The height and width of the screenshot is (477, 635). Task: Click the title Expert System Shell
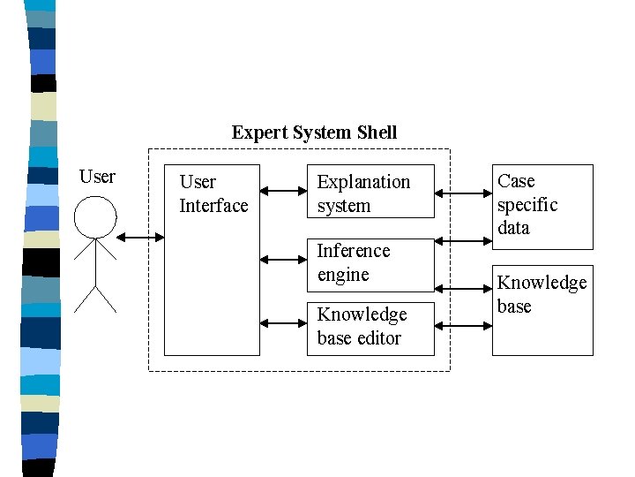(314, 132)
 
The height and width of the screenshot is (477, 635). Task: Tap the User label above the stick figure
(97, 177)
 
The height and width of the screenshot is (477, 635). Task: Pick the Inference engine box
(370, 263)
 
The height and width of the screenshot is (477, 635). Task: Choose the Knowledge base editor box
(370, 328)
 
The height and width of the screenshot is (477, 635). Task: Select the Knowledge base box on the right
(542, 309)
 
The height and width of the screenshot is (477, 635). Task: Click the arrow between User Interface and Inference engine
(282, 260)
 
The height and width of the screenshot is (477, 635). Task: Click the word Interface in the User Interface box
(213, 206)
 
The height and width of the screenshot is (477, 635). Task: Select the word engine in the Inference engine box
(343, 275)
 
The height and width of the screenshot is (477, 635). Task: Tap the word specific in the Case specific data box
(527, 205)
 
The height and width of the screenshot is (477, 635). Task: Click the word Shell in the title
(377, 132)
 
